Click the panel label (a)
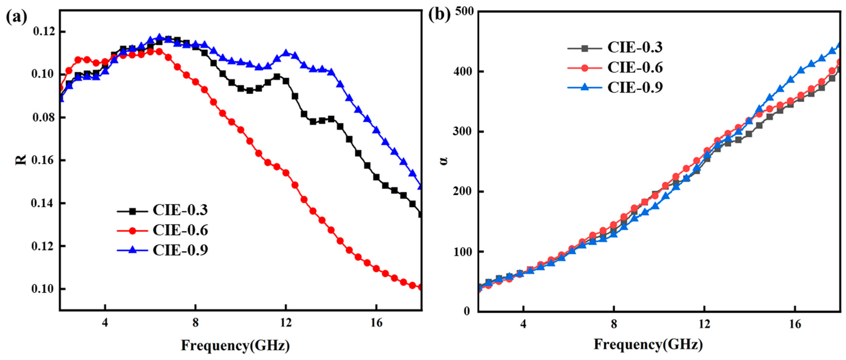(x=16, y=17)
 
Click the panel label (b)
(x=440, y=15)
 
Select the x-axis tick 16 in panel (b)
(x=795, y=324)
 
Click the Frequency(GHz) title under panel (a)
(x=235, y=346)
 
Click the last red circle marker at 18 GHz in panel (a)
(x=420, y=287)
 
